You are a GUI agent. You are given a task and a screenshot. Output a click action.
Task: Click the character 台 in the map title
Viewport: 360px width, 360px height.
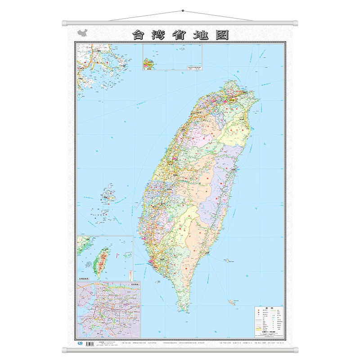click(138, 35)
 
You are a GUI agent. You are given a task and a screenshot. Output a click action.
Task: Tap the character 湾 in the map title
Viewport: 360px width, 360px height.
click(159, 35)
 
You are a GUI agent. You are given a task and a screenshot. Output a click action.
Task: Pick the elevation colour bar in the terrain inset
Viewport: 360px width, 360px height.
click(130, 274)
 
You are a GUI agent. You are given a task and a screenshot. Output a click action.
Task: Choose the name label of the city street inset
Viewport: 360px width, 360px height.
click(133, 284)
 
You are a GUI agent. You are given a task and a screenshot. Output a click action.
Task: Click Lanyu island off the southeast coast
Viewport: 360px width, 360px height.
click(233, 302)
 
